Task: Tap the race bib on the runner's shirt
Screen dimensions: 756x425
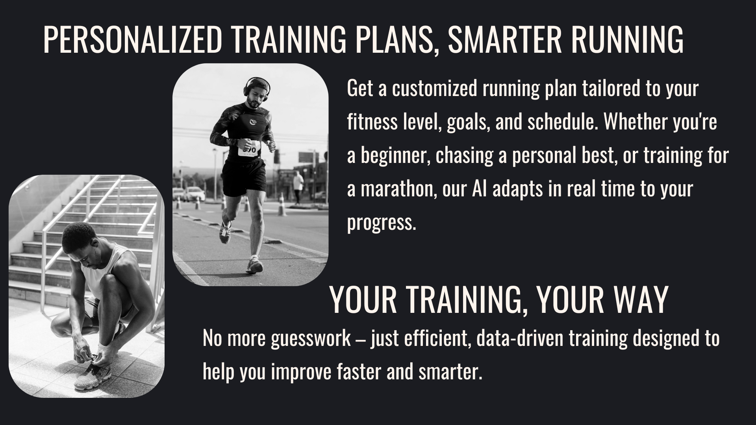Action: point(249,149)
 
